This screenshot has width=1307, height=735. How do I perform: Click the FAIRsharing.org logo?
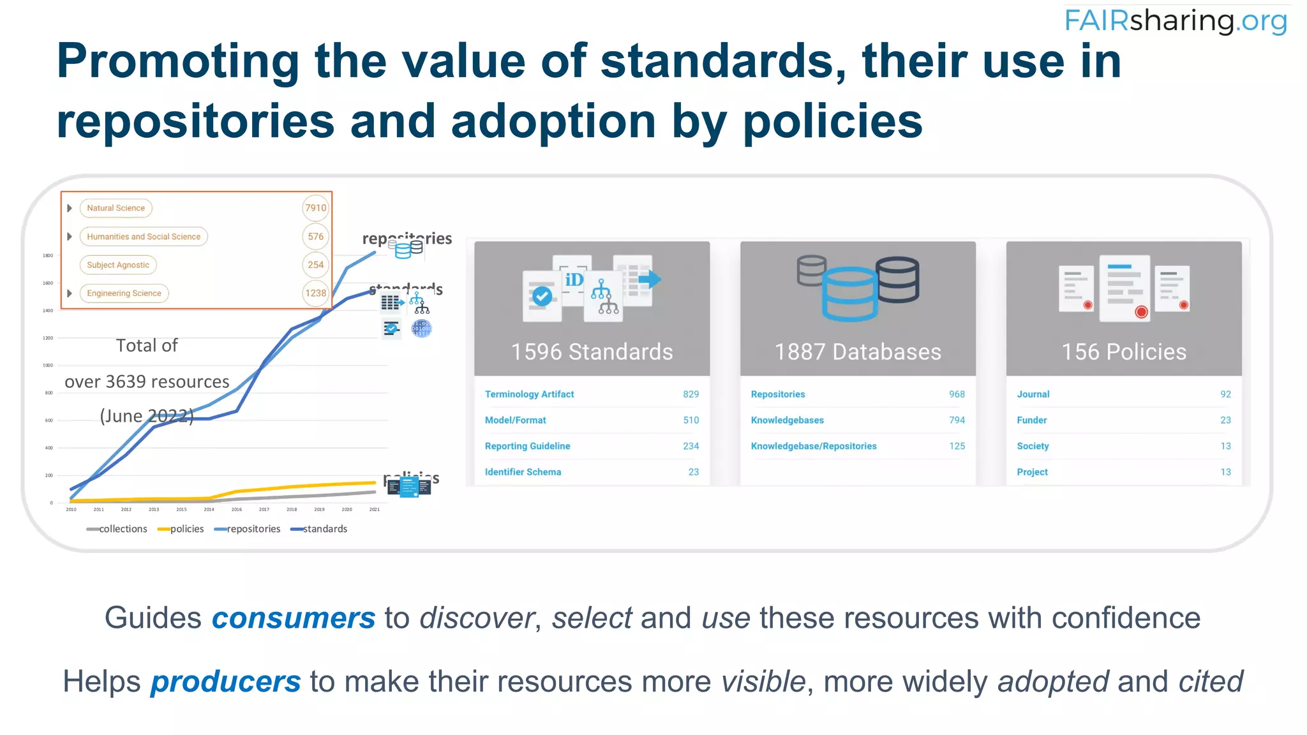click(x=1176, y=20)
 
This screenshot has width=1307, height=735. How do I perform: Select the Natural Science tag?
click(x=116, y=208)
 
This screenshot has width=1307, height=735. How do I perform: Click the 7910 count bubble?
click(x=315, y=208)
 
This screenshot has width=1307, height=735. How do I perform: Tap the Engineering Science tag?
click(x=124, y=293)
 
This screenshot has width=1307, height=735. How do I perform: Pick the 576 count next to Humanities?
click(x=315, y=237)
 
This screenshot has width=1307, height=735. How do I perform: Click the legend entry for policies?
click(x=181, y=529)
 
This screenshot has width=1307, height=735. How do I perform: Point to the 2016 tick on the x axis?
click(x=236, y=510)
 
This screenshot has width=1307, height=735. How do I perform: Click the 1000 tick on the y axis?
click(x=48, y=366)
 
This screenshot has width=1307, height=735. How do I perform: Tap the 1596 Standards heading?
click(x=592, y=352)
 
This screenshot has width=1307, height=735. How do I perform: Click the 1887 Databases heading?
click(x=858, y=352)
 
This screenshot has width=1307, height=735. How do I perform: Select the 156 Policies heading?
click(x=1124, y=352)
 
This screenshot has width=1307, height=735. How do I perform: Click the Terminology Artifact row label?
click(x=529, y=394)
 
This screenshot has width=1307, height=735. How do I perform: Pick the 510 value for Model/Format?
click(x=691, y=420)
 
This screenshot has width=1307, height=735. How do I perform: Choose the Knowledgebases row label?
click(x=787, y=420)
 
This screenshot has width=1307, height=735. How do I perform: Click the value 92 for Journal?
click(x=1225, y=394)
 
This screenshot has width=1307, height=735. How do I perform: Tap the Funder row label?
click(x=1031, y=420)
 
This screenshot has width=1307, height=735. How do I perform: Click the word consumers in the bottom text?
click(x=294, y=618)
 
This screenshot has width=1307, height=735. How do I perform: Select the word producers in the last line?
click(x=225, y=681)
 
